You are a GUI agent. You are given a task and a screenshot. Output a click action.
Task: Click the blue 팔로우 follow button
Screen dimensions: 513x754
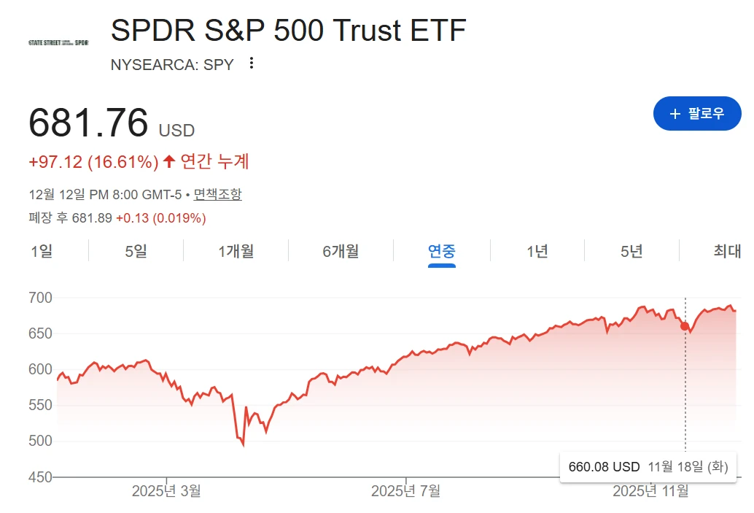(x=696, y=114)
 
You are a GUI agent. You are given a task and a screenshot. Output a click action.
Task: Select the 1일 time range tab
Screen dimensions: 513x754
(x=42, y=252)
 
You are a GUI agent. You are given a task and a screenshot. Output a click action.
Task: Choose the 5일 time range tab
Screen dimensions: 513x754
(x=136, y=252)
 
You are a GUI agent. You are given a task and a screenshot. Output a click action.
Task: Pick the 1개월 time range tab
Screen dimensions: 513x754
(x=236, y=252)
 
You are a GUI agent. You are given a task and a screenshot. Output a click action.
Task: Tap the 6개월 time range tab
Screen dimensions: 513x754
(x=341, y=252)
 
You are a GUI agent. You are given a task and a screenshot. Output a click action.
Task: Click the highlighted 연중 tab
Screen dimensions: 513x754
(x=441, y=252)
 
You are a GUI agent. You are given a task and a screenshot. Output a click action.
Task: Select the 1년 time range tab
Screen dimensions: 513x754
(x=537, y=252)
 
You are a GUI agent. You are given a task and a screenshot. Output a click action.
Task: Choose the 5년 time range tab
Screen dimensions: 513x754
(x=631, y=252)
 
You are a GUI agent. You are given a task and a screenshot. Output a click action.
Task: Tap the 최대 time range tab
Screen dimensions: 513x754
(x=727, y=252)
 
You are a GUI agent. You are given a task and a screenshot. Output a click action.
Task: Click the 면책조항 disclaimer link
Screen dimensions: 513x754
(x=217, y=194)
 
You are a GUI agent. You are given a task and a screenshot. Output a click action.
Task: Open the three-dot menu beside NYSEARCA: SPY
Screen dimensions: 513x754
(x=252, y=63)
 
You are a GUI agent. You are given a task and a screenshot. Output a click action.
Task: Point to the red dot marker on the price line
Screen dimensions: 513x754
(x=685, y=326)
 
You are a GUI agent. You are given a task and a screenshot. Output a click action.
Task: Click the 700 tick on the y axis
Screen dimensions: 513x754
(x=41, y=298)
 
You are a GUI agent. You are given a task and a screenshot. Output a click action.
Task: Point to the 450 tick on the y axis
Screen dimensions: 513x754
(x=41, y=477)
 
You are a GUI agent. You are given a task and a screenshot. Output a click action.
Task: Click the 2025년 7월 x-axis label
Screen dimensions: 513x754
(x=405, y=491)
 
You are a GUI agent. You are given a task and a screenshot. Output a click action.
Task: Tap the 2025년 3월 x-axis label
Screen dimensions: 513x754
(x=166, y=491)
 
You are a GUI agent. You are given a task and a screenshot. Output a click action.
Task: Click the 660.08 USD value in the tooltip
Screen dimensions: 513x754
(x=604, y=467)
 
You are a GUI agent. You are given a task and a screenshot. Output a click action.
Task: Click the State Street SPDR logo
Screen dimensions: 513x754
(x=58, y=43)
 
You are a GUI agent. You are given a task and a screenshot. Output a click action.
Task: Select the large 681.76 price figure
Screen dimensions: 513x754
(x=88, y=123)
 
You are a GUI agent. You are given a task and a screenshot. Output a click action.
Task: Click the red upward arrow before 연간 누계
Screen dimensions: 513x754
(x=169, y=161)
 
